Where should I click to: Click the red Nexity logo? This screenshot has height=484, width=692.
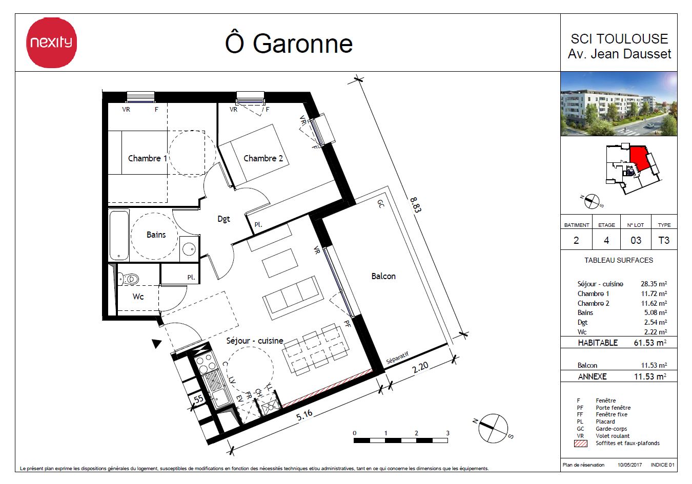[x=52, y=43]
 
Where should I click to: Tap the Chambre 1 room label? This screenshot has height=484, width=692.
[x=147, y=158]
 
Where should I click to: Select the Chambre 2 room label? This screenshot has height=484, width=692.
[x=263, y=158]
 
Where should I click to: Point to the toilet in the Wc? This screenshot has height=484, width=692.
[x=129, y=279]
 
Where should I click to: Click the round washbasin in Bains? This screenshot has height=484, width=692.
[x=189, y=249]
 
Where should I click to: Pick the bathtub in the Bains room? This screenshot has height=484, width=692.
[x=119, y=235]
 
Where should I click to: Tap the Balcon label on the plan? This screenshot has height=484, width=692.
[x=383, y=276]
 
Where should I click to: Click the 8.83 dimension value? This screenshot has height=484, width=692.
[x=416, y=205]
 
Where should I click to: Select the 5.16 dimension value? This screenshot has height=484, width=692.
[x=304, y=415]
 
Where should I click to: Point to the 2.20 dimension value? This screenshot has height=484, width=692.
[x=420, y=368]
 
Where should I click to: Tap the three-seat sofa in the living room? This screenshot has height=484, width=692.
[x=293, y=298]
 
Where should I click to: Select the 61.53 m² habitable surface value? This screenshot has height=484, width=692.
[x=650, y=343]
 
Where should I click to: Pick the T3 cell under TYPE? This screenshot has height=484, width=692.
[x=664, y=240]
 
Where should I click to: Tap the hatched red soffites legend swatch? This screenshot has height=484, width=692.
[x=580, y=444]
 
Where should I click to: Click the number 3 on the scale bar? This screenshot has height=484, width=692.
[x=447, y=433]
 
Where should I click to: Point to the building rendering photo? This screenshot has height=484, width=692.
[x=619, y=103]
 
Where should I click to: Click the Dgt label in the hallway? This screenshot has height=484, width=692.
[x=223, y=219]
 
